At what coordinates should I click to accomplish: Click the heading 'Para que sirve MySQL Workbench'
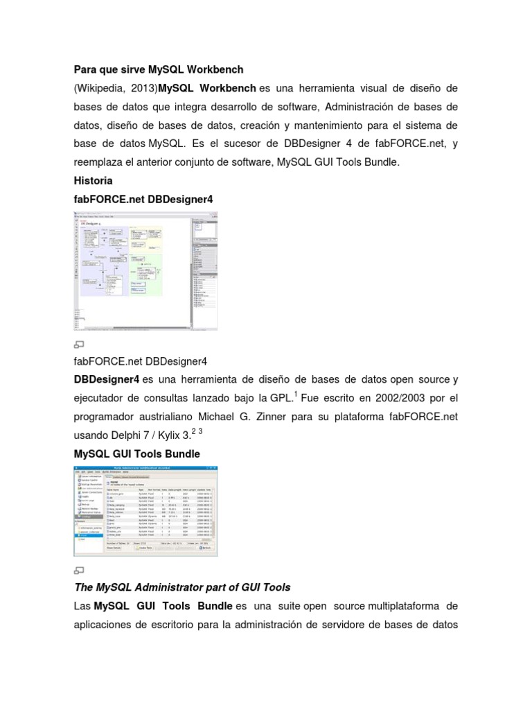(159, 70)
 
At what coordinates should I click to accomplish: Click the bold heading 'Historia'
(93, 180)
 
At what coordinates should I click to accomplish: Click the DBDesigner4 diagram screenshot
(145, 270)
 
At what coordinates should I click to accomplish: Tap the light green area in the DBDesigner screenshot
(146, 274)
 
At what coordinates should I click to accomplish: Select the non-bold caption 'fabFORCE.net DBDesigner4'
(140, 361)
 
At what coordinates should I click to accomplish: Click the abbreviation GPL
(282, 399)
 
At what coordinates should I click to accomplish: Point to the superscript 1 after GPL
(296, 395)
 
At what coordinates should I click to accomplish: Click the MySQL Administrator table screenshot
(145, 512)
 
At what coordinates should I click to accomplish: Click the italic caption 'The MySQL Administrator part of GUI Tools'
(182, 587)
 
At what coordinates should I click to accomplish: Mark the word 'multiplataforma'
(409, 606)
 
